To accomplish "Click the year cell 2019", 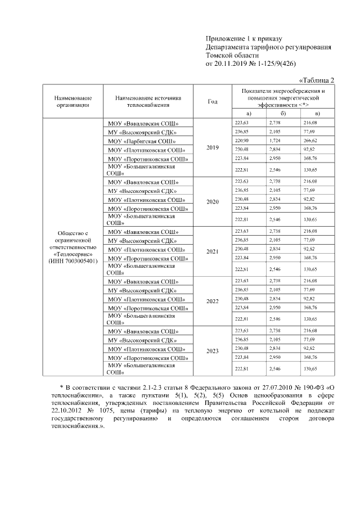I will coord(213,147).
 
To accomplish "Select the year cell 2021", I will coord(213,251).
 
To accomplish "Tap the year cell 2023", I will coord(213,351).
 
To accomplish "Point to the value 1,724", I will coord(275,140).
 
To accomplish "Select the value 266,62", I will coord(310,140).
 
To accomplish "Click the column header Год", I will coord(213,101).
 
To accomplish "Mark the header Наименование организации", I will coord(73,101).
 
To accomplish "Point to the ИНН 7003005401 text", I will coord(73,262).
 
